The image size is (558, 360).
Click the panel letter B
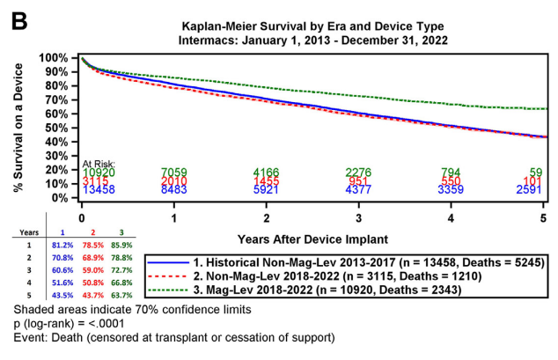(x=19, y=19)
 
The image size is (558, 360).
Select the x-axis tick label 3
(x=358, y=217)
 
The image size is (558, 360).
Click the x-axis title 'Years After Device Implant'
(x=313, y=239)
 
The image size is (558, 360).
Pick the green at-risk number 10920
(x=99, y=172)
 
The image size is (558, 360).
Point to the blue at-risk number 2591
(x=535, y=189)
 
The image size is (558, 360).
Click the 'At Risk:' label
(x=99, y=163)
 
